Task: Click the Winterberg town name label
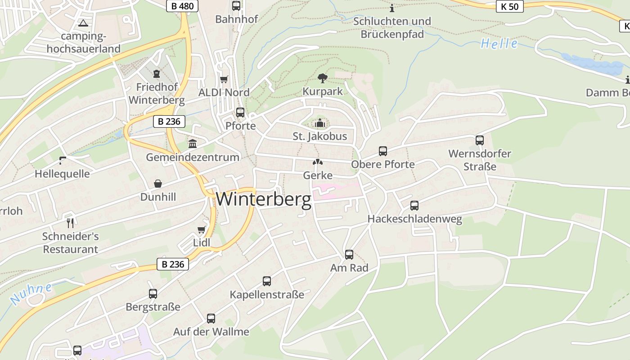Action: tap(264, 199)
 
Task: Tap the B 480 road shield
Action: tap(182, 6)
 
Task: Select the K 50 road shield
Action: tap(510, 6)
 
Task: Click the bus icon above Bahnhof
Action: tap(236, 6)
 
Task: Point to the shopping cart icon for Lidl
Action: tap(202, 230)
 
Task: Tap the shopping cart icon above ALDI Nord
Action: tap(224, 80)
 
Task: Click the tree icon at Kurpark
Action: tap(322, 78)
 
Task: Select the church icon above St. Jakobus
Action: tap(320, 123)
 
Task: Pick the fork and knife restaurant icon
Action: tap(70, 223)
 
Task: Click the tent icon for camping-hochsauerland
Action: tap(83, 23)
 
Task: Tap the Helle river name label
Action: tap(499, 44)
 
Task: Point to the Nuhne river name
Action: tap(31, 293)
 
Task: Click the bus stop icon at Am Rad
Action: tap(349, 255)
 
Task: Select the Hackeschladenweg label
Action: tap(414, 219)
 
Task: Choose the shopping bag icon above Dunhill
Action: tap(158, 184)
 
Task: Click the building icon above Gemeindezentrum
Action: tap(193, 144)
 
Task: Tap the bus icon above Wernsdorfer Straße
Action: tap(480, 140)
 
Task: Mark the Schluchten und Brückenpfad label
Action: tap(392, 27)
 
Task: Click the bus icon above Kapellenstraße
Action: tap(267, 281)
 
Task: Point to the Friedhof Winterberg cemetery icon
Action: tap(157, 73)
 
